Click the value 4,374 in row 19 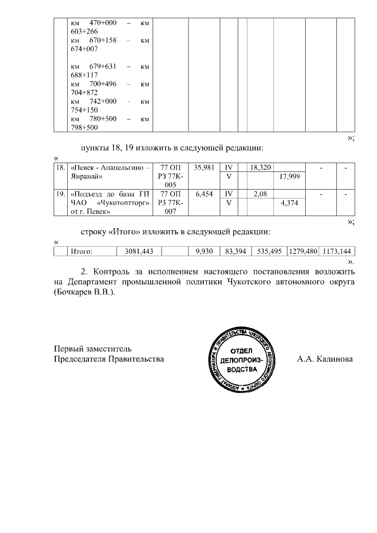tap(290, 203)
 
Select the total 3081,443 tap(139, 251)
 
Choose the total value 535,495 tap(268, 251)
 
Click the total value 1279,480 tap(303, 251)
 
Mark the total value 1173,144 tap(338, 251)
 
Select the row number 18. tap(59, 168)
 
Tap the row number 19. tap(59, 194)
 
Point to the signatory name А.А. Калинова tap(325, 358)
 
